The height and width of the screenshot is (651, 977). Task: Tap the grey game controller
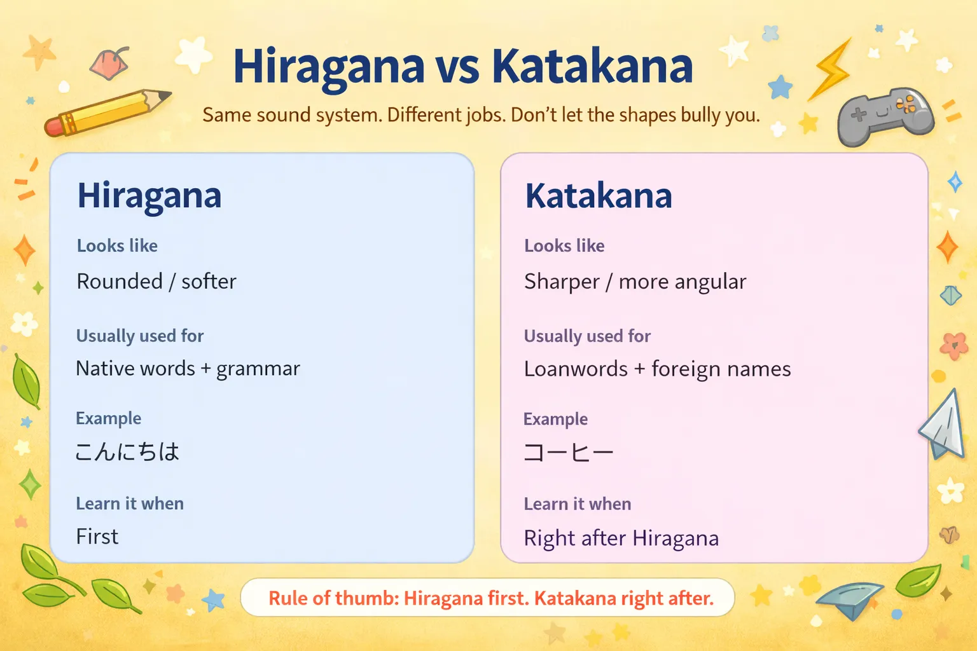point(885,116)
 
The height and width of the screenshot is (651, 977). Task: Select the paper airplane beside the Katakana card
point(943,425)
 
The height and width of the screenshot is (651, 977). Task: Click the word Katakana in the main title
point(592,66)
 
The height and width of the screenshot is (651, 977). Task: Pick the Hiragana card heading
point(149,196)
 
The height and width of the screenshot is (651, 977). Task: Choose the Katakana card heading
point(598,196)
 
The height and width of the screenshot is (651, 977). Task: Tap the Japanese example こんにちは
point(127,452)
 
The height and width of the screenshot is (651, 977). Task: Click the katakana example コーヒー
point(568,453)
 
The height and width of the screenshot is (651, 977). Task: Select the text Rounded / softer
point(156,282)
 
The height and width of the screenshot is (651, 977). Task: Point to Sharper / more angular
point(635,282)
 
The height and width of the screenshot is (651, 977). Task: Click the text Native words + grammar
point(188,369)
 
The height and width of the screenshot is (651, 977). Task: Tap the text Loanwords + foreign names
point(657,369)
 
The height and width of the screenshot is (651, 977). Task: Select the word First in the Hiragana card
point(97,537)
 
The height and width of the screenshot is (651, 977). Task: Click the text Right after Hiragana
point(621,538)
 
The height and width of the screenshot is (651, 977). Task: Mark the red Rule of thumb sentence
point(490,598)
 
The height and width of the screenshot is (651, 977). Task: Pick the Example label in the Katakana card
point(555,419)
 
